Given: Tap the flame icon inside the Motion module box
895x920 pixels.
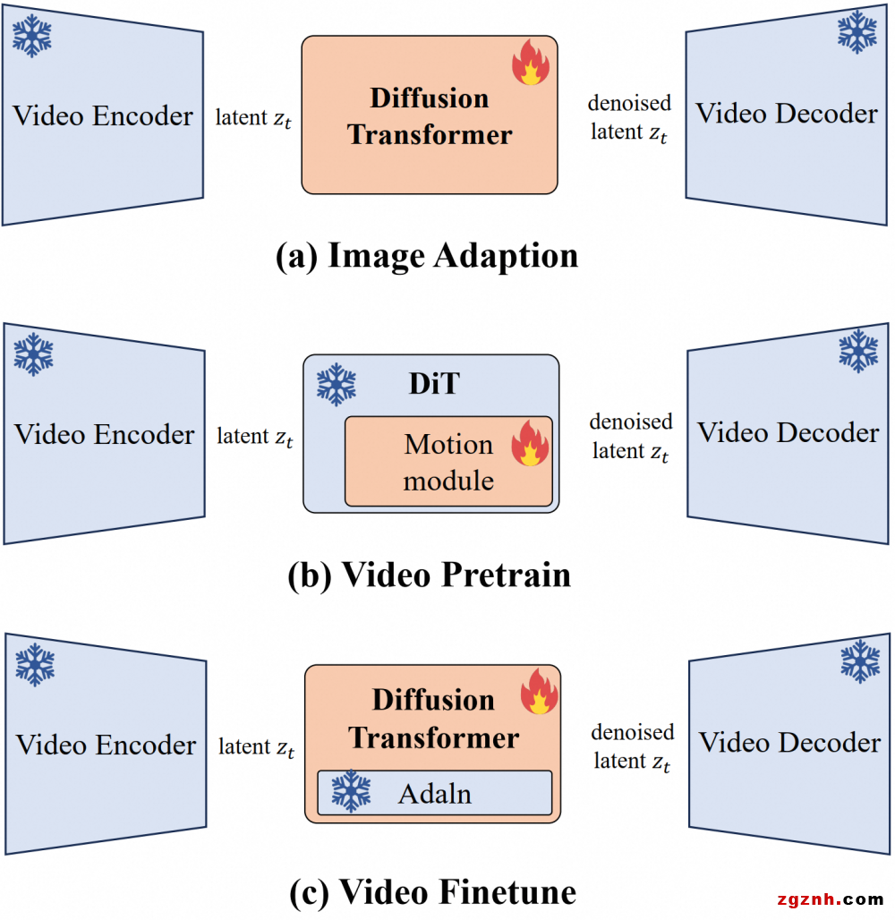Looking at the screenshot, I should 530,445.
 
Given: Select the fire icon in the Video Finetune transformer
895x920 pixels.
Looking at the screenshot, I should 539,691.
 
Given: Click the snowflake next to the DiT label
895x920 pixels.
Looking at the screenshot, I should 337,385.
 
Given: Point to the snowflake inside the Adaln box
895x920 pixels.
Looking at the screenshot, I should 350,792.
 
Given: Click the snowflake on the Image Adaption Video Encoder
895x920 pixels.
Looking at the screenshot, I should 32,36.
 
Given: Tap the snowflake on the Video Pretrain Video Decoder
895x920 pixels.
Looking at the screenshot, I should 858,350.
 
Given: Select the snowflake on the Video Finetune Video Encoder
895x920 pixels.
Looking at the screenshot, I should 35,665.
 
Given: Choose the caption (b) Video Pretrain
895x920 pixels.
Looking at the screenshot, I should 430,574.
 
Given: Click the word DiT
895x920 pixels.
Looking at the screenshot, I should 434,384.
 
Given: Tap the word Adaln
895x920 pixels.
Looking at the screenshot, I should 435,793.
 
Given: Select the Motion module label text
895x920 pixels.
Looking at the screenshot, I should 448,463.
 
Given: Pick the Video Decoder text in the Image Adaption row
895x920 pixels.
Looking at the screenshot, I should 787,114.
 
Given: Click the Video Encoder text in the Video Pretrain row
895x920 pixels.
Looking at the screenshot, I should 105,434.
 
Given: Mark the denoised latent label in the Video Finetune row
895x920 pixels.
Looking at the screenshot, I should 631,746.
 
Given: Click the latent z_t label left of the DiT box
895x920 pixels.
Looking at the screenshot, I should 255,437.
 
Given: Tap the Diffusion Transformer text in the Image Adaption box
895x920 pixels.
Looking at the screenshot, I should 430,116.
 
